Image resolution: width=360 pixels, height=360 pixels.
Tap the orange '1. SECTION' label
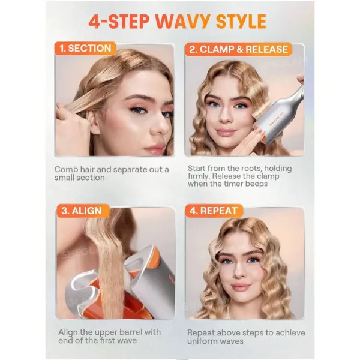click(86, 49)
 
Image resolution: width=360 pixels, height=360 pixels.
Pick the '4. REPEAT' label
click(214, 211)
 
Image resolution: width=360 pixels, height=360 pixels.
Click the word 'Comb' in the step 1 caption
click(67, 169)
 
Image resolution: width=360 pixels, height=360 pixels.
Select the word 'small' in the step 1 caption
click(66, 178)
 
